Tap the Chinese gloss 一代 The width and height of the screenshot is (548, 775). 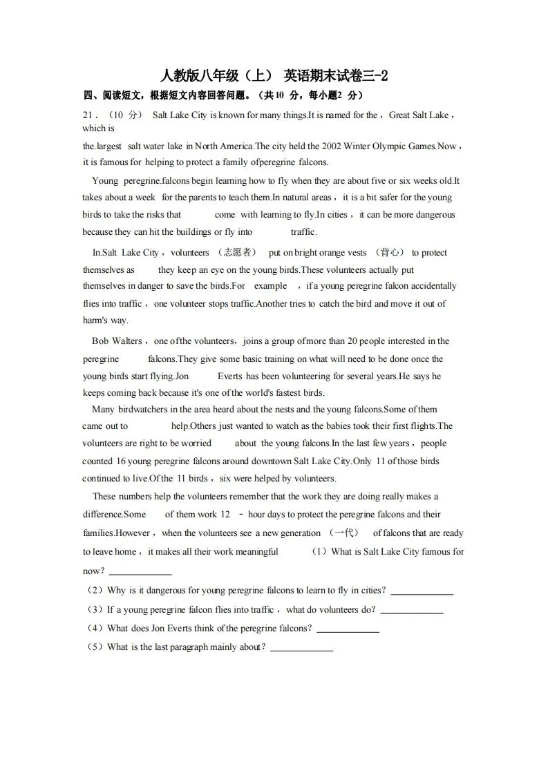(x=344, y=533)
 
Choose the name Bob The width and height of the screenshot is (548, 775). (x=100, y=341)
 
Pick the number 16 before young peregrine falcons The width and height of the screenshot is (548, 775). (x=119, y=461)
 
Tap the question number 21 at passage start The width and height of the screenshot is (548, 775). (x=89, y=115)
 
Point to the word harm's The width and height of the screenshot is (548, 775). (x=95, y=320)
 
